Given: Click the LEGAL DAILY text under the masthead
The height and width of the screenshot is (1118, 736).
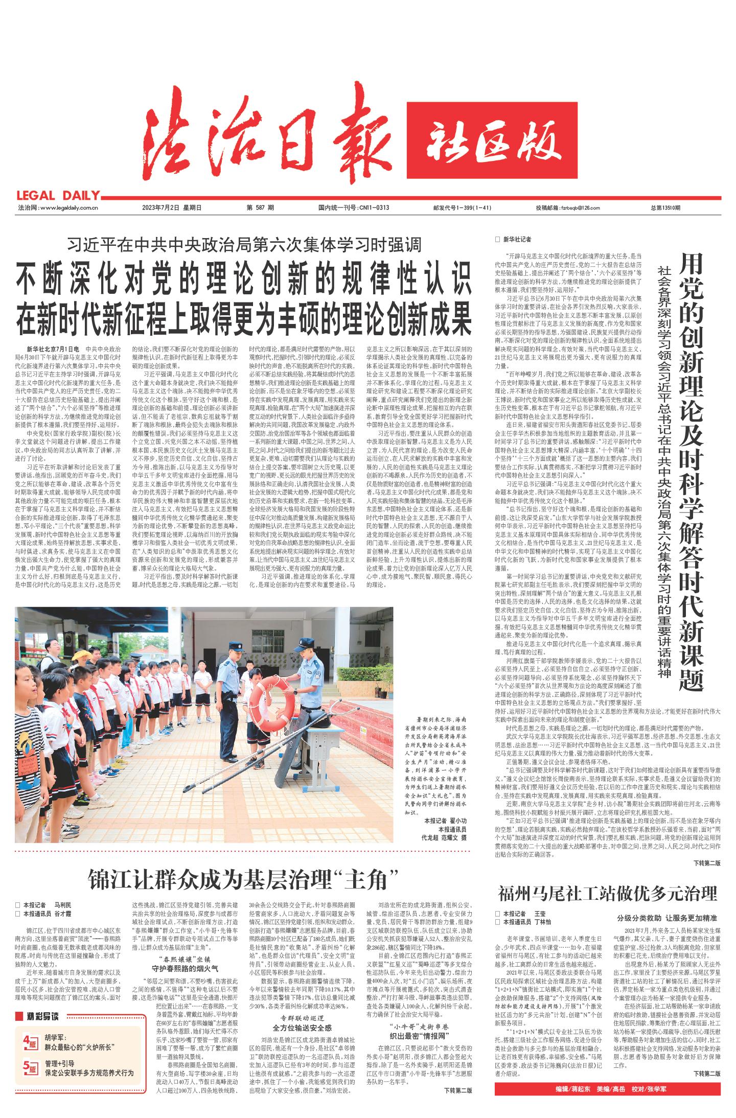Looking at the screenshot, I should pyautogui.click(x=57, y=195).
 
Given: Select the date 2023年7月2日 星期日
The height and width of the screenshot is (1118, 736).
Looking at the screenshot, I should pyautogui.click(x=172, y=208).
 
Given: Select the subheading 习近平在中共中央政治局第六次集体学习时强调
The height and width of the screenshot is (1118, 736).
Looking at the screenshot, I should pyautogui.click(x=243, y=246).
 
